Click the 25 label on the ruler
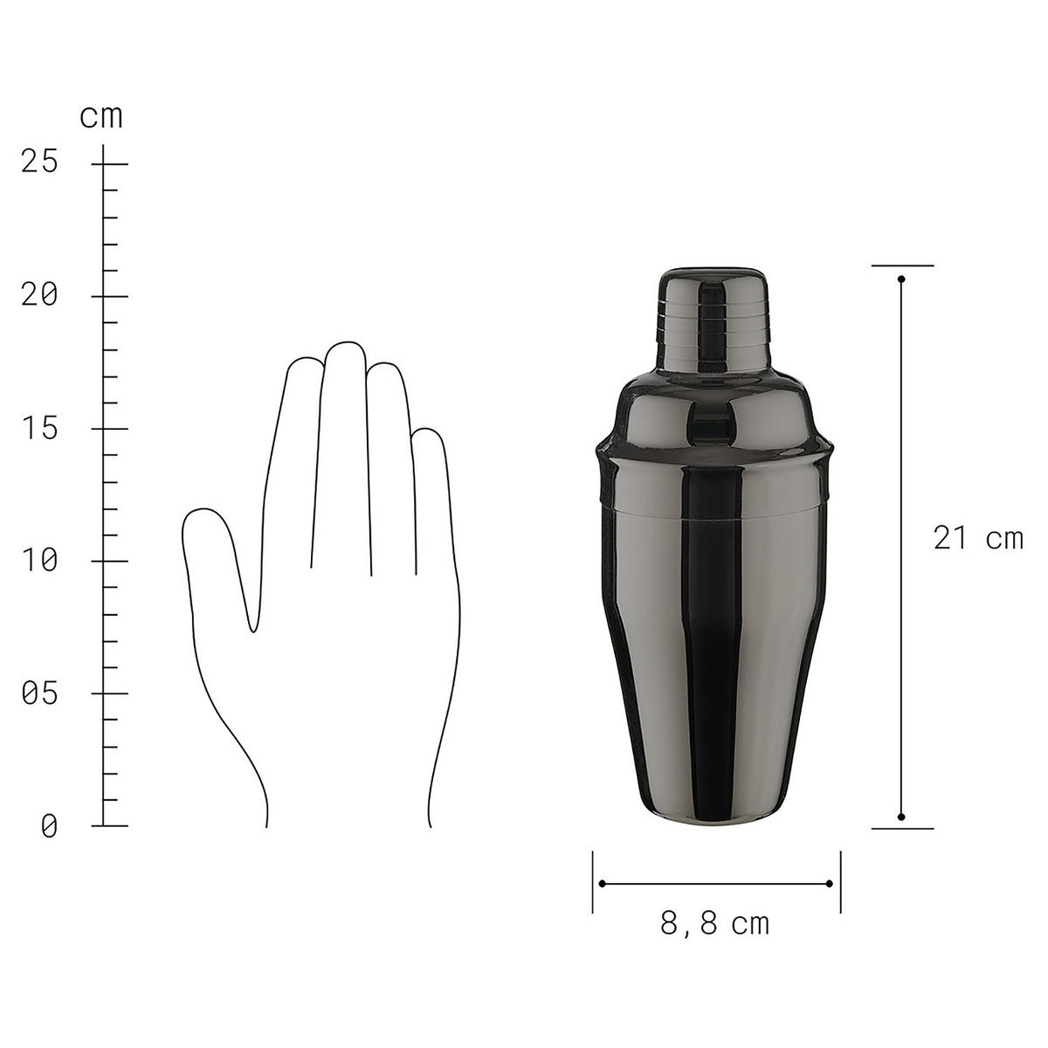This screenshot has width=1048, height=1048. click(x=39, y=162)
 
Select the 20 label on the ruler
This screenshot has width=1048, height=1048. click(x=39, y=295)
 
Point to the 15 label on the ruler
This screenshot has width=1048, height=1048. click(x=39, y=429)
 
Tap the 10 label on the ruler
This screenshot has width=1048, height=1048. click(x=39, y=561)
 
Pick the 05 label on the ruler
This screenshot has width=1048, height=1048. click(x=39, y=694)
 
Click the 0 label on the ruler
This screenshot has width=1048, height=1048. click(x=49, y=826)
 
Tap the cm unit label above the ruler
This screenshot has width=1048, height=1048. click(x=101, y=116)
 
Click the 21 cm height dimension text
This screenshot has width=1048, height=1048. click(x=977, y=538)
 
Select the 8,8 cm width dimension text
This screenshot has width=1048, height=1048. click(x=715, y=923)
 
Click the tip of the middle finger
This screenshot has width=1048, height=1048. click(x=346, y=349)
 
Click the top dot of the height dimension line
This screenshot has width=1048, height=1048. click(x=901, y=279)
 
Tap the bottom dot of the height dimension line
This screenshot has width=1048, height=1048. click(x=901, y=817)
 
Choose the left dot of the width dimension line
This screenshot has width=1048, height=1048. click(x=602, y=884)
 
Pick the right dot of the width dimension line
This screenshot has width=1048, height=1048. click(x=830, y=884)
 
